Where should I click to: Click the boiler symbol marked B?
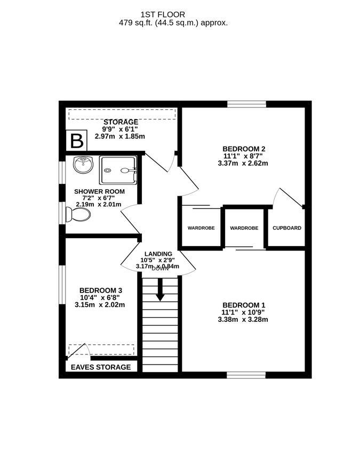click(x=76, y=141)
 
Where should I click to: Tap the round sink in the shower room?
click(x=83, y=165)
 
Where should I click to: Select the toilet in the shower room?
click(x=78, y=215)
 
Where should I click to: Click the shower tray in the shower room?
click(x=118, y=170)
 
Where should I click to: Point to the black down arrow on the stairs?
click(x=160, y=290)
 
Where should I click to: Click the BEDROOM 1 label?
click(x=244, y=305)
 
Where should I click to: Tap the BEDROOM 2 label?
click(x=244, y=149)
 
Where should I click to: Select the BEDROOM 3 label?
click(x=101, y=290)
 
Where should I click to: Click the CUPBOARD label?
click(x=287, y=228)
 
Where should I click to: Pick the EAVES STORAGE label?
click(x=101, y=367)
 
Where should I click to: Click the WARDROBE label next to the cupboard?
click(x=244, y=228)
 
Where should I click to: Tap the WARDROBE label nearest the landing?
click(x=201, y=228)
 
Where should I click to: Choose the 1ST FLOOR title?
click(x=163, y=14)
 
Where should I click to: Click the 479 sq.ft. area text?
click(x=173, y=23)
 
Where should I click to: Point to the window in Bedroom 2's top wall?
click(x=246, y=104)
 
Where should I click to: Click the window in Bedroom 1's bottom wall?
click(x=246, y=375)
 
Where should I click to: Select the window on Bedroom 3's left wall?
click(x=62, y=285)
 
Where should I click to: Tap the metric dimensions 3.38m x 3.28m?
click(x=243, y=320)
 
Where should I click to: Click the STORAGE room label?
click(x=121, y=122)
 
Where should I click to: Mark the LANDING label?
click(x=158, y=254)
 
